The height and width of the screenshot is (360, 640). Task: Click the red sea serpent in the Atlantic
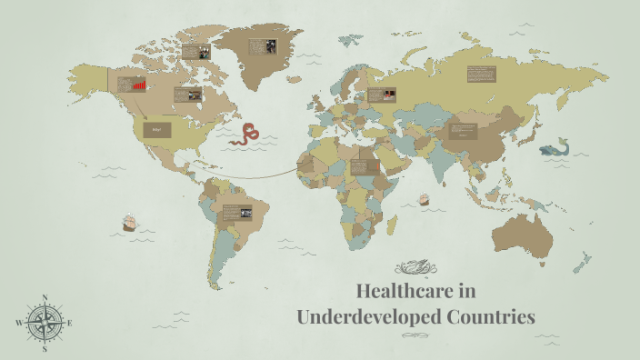[245, 135]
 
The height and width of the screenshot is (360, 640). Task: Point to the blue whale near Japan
[552, 148]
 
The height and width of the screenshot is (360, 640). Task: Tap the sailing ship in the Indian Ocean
[423, 198]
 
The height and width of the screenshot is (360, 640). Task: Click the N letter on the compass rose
[45, 297]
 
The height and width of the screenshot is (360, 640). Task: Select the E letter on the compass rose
[70, 323]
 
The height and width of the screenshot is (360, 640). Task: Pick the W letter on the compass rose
[18, 323]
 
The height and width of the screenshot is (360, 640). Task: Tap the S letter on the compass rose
[45, 348]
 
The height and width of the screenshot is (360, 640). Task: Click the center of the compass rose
[45, 323]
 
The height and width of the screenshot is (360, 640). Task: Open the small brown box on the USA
[156, 130]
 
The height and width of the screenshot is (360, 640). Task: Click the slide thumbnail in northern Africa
[365, 167]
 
